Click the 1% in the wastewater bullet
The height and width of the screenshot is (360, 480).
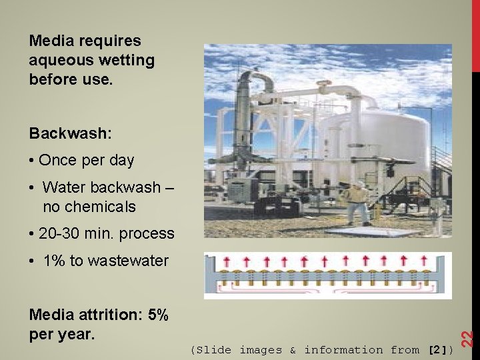[x=55, y=261]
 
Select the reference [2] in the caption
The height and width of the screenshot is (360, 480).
[x=437, y=349]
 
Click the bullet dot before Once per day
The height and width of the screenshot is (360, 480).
[x=33, y=161]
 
